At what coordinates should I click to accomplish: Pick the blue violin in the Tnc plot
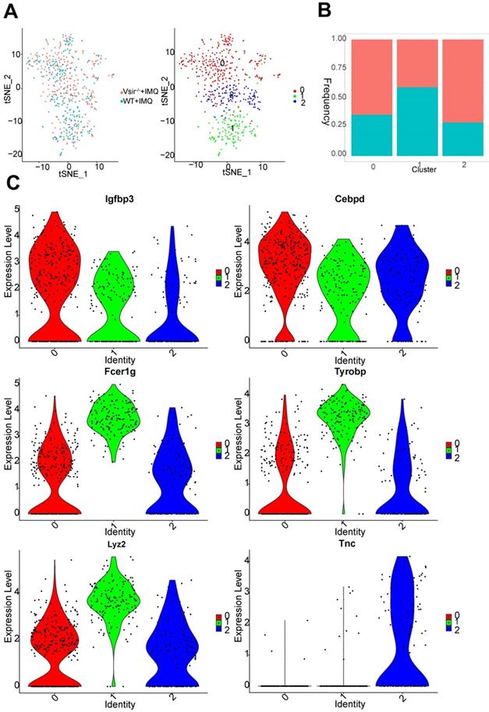click(406, 624)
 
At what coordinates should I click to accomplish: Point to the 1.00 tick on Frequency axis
click(336, 38)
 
